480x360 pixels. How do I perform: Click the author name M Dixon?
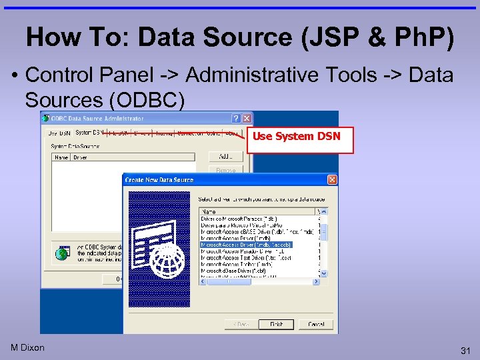pyautogui.click(x=28, y=347)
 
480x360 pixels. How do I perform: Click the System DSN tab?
pyautogui.click(x=89, y=133)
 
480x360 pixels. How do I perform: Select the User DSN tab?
pyautogui.click(x=59, y=133)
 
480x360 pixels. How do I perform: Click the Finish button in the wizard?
pyautogui.click(x=276, y=325)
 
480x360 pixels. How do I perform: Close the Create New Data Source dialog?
pyautogui.click(x=332, y=179)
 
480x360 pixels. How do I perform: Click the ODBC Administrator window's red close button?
pyautogui.click(x=247, y=119)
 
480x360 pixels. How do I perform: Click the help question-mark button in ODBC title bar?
pyautogui.click(x=236, y=119)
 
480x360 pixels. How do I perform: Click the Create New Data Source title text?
pyautogui.click(x=159, y=179)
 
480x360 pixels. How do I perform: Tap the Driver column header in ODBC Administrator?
pyautogui.click(x=80, y=157)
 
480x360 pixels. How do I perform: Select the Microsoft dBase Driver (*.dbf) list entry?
pyautogui.click(x=233, y=271)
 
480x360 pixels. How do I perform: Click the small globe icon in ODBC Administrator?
pyautogui.click(x=63, y=253)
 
